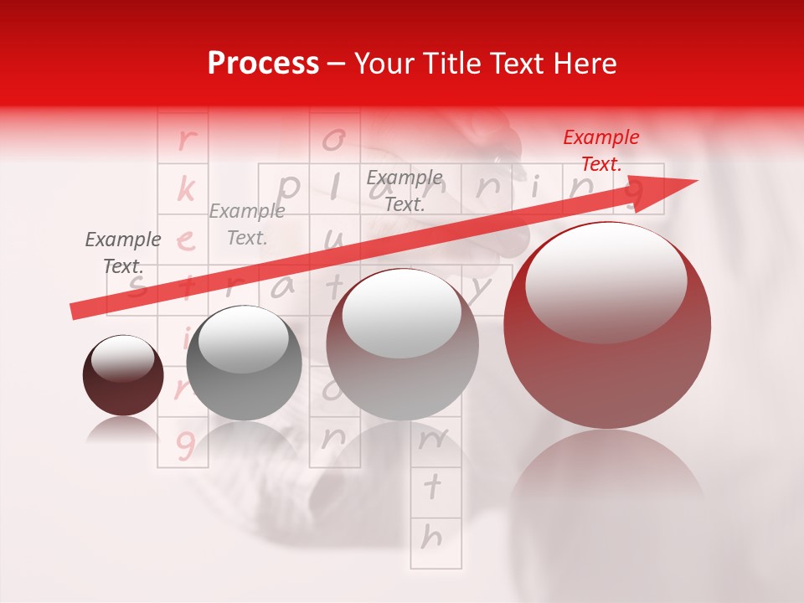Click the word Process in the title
click(x=263, y=64)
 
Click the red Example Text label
click(x=600, y=151)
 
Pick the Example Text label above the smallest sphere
click(x=123, y=253)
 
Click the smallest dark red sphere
click(x=123, y=375)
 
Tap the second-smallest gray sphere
click(x=244, y=363)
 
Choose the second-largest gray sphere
click(x=402, y=344)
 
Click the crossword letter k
click(x=185, y=190)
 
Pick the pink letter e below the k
click(x=186, y=241)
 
